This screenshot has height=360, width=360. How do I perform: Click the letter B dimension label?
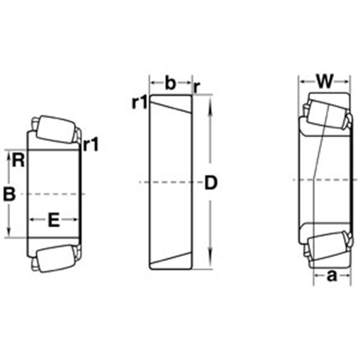(x=10, y=194)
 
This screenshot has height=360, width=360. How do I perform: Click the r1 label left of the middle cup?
(x=140, y=103)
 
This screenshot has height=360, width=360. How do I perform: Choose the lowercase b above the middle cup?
(x=170, y=83)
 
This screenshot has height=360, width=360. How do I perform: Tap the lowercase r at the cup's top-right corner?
(x=197, y=86)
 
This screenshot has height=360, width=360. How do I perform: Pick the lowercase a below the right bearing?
(x=332, y=276)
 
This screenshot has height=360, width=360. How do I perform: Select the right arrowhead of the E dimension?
(x=76, y=219)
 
